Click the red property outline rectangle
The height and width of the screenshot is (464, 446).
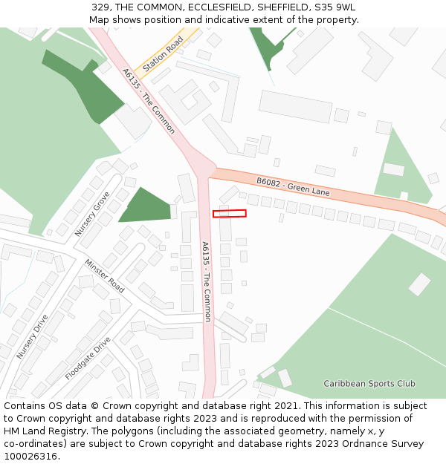coord(229,214)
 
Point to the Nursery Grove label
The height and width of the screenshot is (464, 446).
coord(92,214)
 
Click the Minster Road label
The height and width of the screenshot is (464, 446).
coord(105,275)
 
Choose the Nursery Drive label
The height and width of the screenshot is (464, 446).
coord(32,337)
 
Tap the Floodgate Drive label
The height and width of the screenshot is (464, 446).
coord(88,359)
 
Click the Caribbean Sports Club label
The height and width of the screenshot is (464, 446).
coord(369,384)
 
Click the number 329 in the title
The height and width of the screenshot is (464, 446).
coord(101,7)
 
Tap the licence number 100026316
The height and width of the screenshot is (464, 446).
coord(31,457)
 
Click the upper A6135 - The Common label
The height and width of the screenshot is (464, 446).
coord(149,101)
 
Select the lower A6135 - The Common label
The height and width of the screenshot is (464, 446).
coord(207,281)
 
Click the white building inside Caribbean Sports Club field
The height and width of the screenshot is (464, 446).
coord(419,284)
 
